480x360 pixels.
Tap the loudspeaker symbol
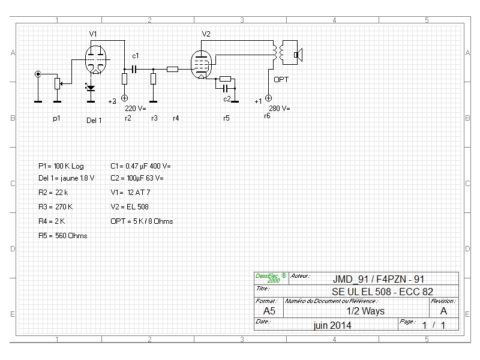click(x=298, y=55)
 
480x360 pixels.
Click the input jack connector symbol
click(x=38, y=74)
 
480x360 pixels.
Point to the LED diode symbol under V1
click(x=91, y=88)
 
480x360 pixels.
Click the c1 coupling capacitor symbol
click(x=134, y=70)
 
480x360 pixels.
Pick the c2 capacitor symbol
click(x=226, y=88)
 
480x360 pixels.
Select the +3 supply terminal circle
click(x=125, y=98)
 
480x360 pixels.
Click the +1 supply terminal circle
click(x=268, y=98)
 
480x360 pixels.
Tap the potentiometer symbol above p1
click(x=57, y=83)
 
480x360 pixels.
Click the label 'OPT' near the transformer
click(x=281, y=80)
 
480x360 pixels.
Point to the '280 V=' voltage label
click(x=280, y=109)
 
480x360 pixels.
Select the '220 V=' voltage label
click(x=136, y=109)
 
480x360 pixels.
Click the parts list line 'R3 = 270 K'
click(x=56, y=207)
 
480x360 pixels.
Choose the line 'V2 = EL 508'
click(x=130, y=207)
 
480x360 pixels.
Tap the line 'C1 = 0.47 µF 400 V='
click(x=140, y=166)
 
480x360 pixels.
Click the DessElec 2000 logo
click(x=271, y=278)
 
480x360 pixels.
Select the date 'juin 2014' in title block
click(x=332, y=325)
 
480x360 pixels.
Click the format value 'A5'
click(x=269, y=311)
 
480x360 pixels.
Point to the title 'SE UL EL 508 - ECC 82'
click(x=382, y=292)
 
